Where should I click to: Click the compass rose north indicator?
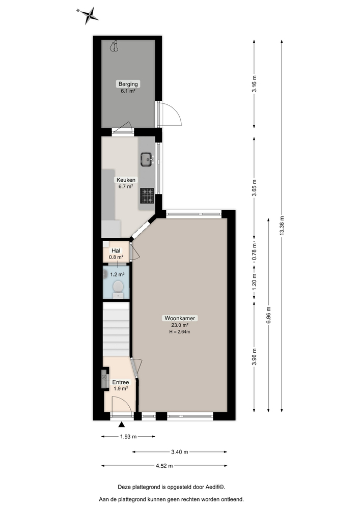tap(89, 15)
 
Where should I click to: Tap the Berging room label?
tap(128, 84)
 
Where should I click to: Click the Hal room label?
tap(116, 250)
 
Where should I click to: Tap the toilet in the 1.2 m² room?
tap(118, 288)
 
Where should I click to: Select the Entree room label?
tap(121, 382)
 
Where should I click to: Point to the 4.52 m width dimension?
tap(164, 466)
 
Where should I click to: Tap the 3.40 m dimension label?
tap(179, 451)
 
